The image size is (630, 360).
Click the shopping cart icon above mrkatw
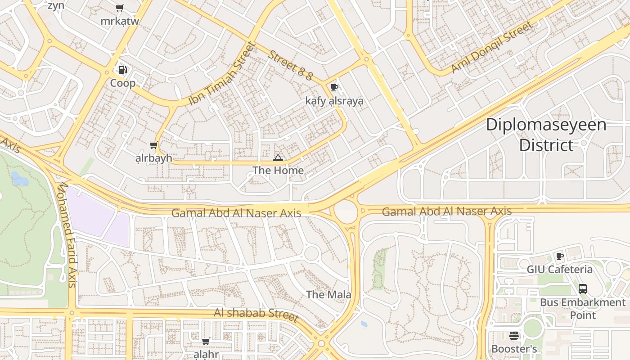pyautogui.click(x=119, y=8)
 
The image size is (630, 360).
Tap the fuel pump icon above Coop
pyautogui.click(x=122, y=70)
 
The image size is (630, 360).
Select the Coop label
pyautogui.click(x=123, y=83)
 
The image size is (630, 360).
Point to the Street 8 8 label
pyautogui.click(x=290, y=66)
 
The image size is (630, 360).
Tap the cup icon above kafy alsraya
pyautogui.click(x=334, y=87)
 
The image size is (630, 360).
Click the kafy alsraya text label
pyautogui.click(x=334, y=101)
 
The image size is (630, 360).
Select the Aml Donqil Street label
pyautogui.click(x=491, y=47)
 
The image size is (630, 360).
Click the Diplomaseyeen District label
pyautogui.click(x=546, y=135)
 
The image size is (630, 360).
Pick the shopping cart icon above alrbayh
pyautogui.click(x=153, y=145)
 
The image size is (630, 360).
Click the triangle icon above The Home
pyautogui.click(x=278, y=157)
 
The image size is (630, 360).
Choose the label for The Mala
pyautogui.click(x=328, y=295)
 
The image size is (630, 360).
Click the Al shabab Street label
pyautogui.click(x=256, y=315)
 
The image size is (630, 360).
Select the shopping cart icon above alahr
pyautogui.click(x=206, y=341)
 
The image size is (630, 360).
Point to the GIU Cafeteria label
pyautogui.click(x=559, y=270)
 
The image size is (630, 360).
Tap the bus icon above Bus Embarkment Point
pyautogui.click(x=582, y=289)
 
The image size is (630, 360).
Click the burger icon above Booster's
pyautogui.click(x=514, y=336)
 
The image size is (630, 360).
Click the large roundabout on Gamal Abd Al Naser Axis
pyautogui.click(x=346, y=211)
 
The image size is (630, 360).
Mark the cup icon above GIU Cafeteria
pyautogui.click(x=559, y=256)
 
